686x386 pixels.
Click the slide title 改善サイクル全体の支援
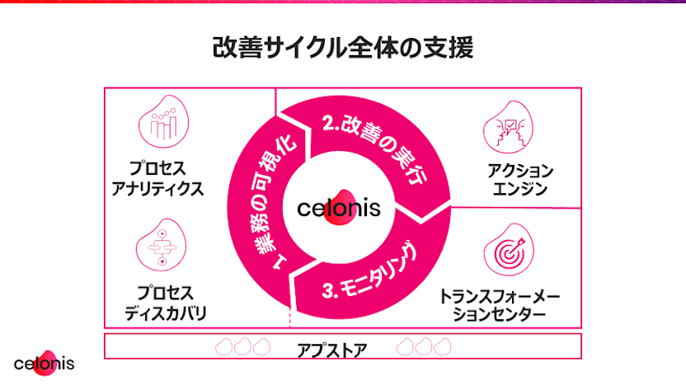pos(343,47)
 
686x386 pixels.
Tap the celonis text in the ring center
pos(339,206)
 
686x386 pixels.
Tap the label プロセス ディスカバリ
pos(165,303)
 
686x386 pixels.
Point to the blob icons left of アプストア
pos(242,347)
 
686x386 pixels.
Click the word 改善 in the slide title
pos(231,47)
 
